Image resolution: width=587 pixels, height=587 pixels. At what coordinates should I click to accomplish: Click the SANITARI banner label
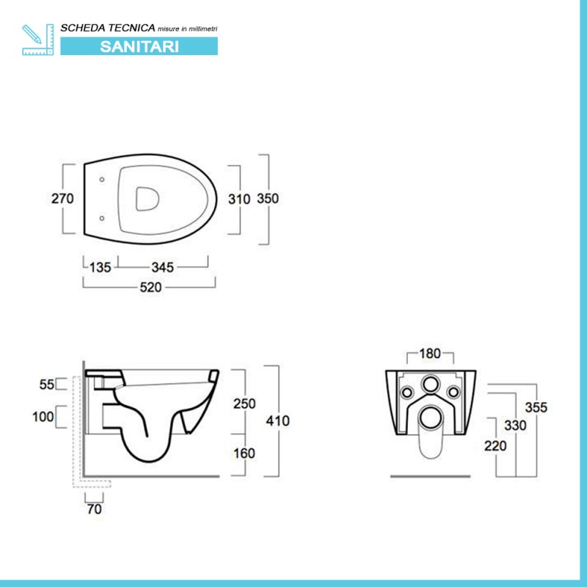139,45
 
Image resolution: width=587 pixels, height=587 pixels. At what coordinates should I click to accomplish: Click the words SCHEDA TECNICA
108,27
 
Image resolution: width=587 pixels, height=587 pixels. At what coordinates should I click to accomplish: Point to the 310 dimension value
240,199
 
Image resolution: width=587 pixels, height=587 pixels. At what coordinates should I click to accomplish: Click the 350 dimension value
268,199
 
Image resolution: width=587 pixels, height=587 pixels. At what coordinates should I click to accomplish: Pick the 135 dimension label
101,267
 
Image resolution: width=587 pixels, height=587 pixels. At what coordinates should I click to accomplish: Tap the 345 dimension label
163,267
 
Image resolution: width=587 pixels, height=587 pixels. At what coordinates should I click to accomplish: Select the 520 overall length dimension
150,288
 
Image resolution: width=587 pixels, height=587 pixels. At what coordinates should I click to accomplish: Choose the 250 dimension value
244,403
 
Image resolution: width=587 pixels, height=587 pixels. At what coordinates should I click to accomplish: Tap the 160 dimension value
244,453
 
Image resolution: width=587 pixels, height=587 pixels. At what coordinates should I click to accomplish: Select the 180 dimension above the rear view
429,354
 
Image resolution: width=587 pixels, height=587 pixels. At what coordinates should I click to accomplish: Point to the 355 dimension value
537,407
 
